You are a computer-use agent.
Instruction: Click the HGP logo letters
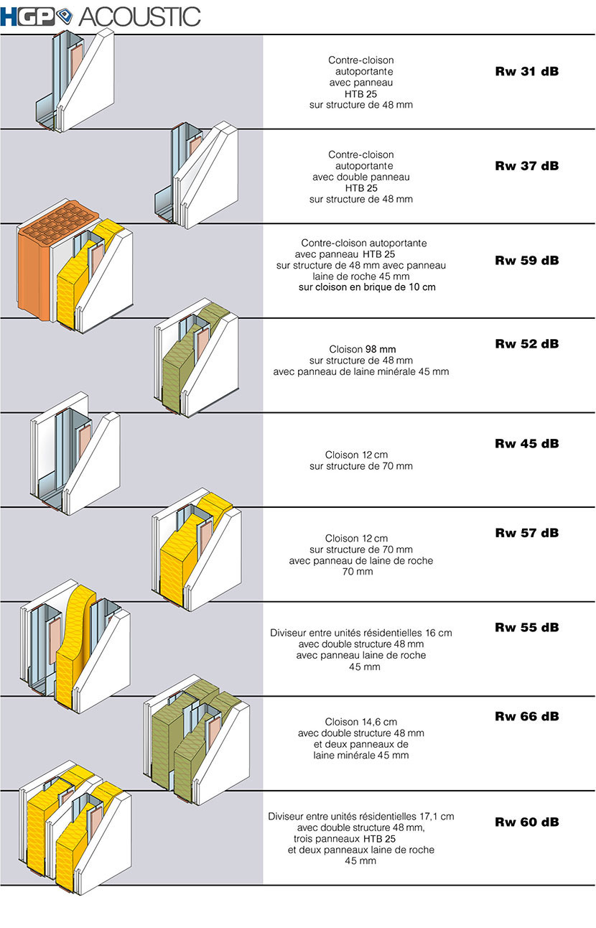click(x=27, y=17)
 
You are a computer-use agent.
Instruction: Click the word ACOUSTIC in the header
click(x=139, y=17)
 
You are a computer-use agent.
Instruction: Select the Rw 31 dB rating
click(x=527, y=71)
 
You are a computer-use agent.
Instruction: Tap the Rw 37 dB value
click(x=527, y=166)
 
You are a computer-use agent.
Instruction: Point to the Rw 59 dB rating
click(x=527, y=260)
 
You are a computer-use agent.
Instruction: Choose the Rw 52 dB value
click(x=527, y=343)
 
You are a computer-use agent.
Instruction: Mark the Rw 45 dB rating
click(x=527, y=443)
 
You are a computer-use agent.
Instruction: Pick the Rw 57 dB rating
click(x=527, y=533)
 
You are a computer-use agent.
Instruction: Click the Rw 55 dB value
click(x=527, y=627)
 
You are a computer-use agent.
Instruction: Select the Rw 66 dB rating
click(x=527, y=716)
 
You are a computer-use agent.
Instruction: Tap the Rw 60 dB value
click(x=527, y=822)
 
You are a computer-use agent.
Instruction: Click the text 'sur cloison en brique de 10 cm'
click(x=367, y=287)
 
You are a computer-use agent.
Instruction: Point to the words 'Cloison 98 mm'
click(x=363, y=349)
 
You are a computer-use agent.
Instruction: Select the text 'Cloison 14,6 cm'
click(x=360, y=722)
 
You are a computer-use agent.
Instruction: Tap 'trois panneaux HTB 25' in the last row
click(x=345, y=839)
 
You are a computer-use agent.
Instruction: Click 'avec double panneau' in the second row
click(x=360, y=177)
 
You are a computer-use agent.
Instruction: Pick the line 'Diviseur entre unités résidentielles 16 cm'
click(x=360, y=633)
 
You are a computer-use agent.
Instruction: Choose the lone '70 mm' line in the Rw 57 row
click(x=358, y=572)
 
